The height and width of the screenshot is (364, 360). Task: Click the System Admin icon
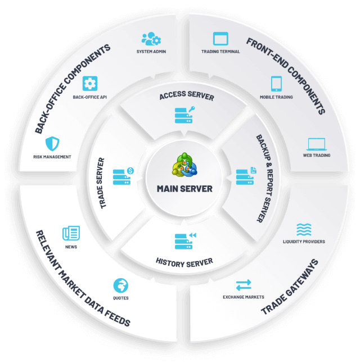tap(151, 39)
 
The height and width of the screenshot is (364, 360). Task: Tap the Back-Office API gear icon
tap(89, 84)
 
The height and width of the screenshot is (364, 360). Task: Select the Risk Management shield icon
tap(52, 143)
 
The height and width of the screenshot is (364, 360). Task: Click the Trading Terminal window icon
tap(220, 39)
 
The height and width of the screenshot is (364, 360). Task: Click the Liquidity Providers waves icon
tap(304, 229)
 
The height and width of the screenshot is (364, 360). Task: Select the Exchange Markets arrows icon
tap(244, 285)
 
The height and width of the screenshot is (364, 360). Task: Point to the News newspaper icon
tap(71, 233)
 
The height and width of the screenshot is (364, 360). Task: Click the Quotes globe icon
tap(120, 285)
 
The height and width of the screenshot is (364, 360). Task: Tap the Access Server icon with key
tap(184, 114)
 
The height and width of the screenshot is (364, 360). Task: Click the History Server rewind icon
tap(185, 240)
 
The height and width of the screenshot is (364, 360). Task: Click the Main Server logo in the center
tap(184, 165)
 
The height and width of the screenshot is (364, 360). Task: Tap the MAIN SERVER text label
tap(184, 189)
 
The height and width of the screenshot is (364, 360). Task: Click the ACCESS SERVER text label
tap(186, 96)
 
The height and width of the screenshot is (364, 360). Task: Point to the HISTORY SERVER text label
tap(184, 262)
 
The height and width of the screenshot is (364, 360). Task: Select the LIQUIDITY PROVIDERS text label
tap(304, 242)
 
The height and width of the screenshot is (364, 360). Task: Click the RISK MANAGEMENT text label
tap(52, 157)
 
